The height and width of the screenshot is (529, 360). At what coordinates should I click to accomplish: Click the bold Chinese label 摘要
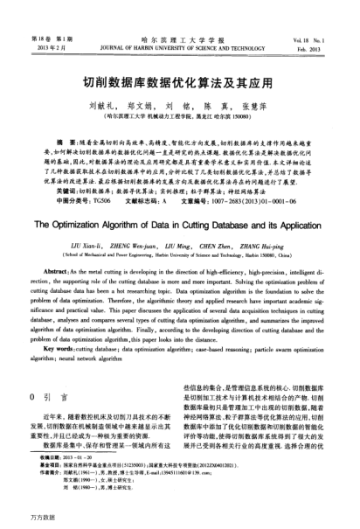pyautogui.click(x=62, y=141)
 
